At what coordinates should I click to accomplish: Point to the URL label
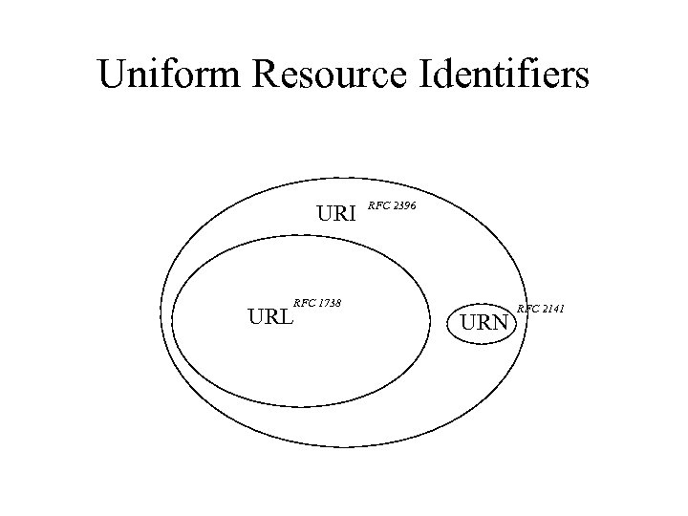pyautogui.click(x=270, y=316)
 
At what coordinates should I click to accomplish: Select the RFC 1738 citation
pyautogui.click(x=318, y=303)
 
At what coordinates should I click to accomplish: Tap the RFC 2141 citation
pyautogui.click(x=541, y=308)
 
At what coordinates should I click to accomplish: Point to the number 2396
pyautogui.click(x=402, y=205)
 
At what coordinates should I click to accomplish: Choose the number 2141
pyautogui.click(x=551, y=308)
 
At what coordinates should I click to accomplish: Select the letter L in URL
pyautogui.click(x=286, y=316)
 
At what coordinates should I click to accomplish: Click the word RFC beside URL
pyautogui.click(x=305, y=303)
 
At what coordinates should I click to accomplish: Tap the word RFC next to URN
pyautogui.click(x=527, y=308)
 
